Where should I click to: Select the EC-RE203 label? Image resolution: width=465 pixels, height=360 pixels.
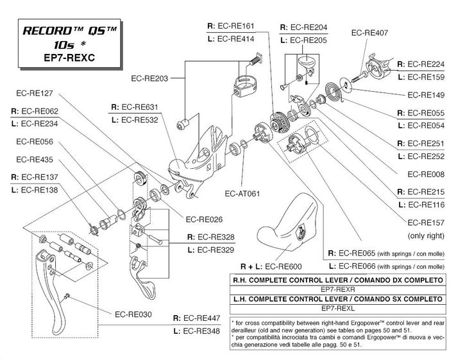coord(149,79)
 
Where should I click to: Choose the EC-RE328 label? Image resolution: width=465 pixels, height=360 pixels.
coord(205,237)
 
